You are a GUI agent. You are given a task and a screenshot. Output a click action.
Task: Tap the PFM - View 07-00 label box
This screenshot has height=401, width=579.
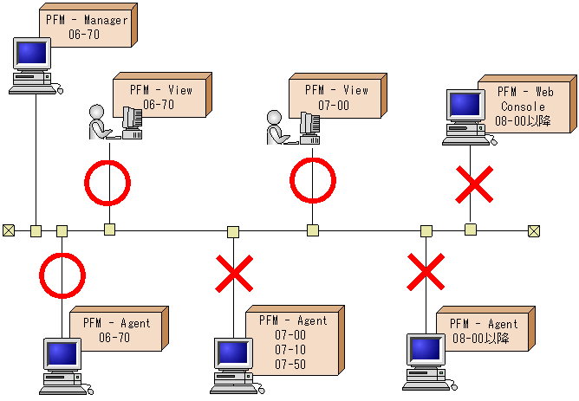click(335, 96)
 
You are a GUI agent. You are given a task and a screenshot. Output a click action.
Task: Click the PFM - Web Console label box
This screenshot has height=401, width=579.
click(522, 106)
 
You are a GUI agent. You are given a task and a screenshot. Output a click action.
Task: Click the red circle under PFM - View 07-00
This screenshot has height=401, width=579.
click(312, 182)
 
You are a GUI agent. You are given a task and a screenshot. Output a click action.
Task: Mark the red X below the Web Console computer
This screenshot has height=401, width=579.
click(475, 183)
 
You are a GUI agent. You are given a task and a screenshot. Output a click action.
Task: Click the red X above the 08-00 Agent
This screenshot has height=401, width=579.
click(426, 272)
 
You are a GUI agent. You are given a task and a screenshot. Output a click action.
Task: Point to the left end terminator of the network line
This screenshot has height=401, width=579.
click(9, 230)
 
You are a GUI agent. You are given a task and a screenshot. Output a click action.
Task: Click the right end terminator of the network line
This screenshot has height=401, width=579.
click(534, 230)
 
